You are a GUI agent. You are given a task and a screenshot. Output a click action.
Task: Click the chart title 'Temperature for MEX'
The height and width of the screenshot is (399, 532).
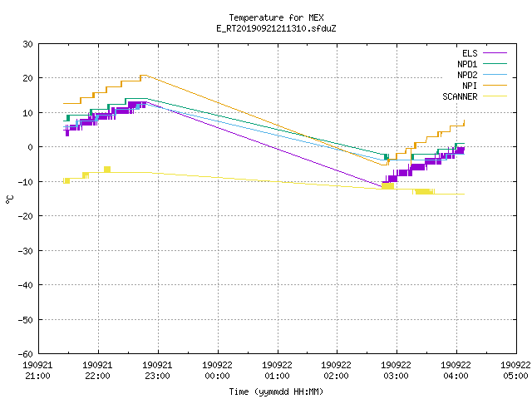pyautogui.click(x=276, y=17)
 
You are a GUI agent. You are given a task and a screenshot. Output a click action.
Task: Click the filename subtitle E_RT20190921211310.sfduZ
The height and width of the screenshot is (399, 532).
pyautogui.click(x=276, y=28)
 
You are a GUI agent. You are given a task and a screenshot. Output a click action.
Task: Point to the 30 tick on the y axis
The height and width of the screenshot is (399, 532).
pyautogui.click(x=27, y=44)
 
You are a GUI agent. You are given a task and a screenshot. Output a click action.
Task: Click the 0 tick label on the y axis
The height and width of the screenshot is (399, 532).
pyautogui.click(x=31, y=147)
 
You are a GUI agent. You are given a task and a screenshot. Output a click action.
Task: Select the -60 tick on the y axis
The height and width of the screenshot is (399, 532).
pyautogui.click(x=26, y=354)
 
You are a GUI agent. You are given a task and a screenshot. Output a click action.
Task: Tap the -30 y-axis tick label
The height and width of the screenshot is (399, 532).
pyautogui.click(x=26, y=251)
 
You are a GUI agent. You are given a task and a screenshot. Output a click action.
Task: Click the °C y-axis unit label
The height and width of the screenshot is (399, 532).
pyautogui.click(x=9, y=199)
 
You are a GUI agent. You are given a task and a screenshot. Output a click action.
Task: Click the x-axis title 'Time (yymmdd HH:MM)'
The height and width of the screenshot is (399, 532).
pyautogui.click(x=276, y=392)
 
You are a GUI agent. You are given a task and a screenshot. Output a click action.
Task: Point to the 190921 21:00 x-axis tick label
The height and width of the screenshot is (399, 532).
pyautogui.click(x=37, y=371)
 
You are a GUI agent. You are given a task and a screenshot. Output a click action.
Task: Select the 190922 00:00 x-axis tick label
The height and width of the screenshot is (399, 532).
pyautogui.click(x=217, y=371)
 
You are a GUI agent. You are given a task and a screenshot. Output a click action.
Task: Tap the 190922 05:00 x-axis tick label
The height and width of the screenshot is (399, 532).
pyautogui.click(x=515, y=371)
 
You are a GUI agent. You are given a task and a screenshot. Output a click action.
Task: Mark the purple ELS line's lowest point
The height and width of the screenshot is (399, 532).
pyautogui.click(x=382, y=186)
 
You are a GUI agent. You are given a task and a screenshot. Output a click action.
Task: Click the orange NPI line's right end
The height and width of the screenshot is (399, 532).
pyautogui.click(x=464, y=121)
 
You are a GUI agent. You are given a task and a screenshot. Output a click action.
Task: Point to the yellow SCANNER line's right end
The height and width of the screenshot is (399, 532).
pyautogui.click(x=464, y=194)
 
